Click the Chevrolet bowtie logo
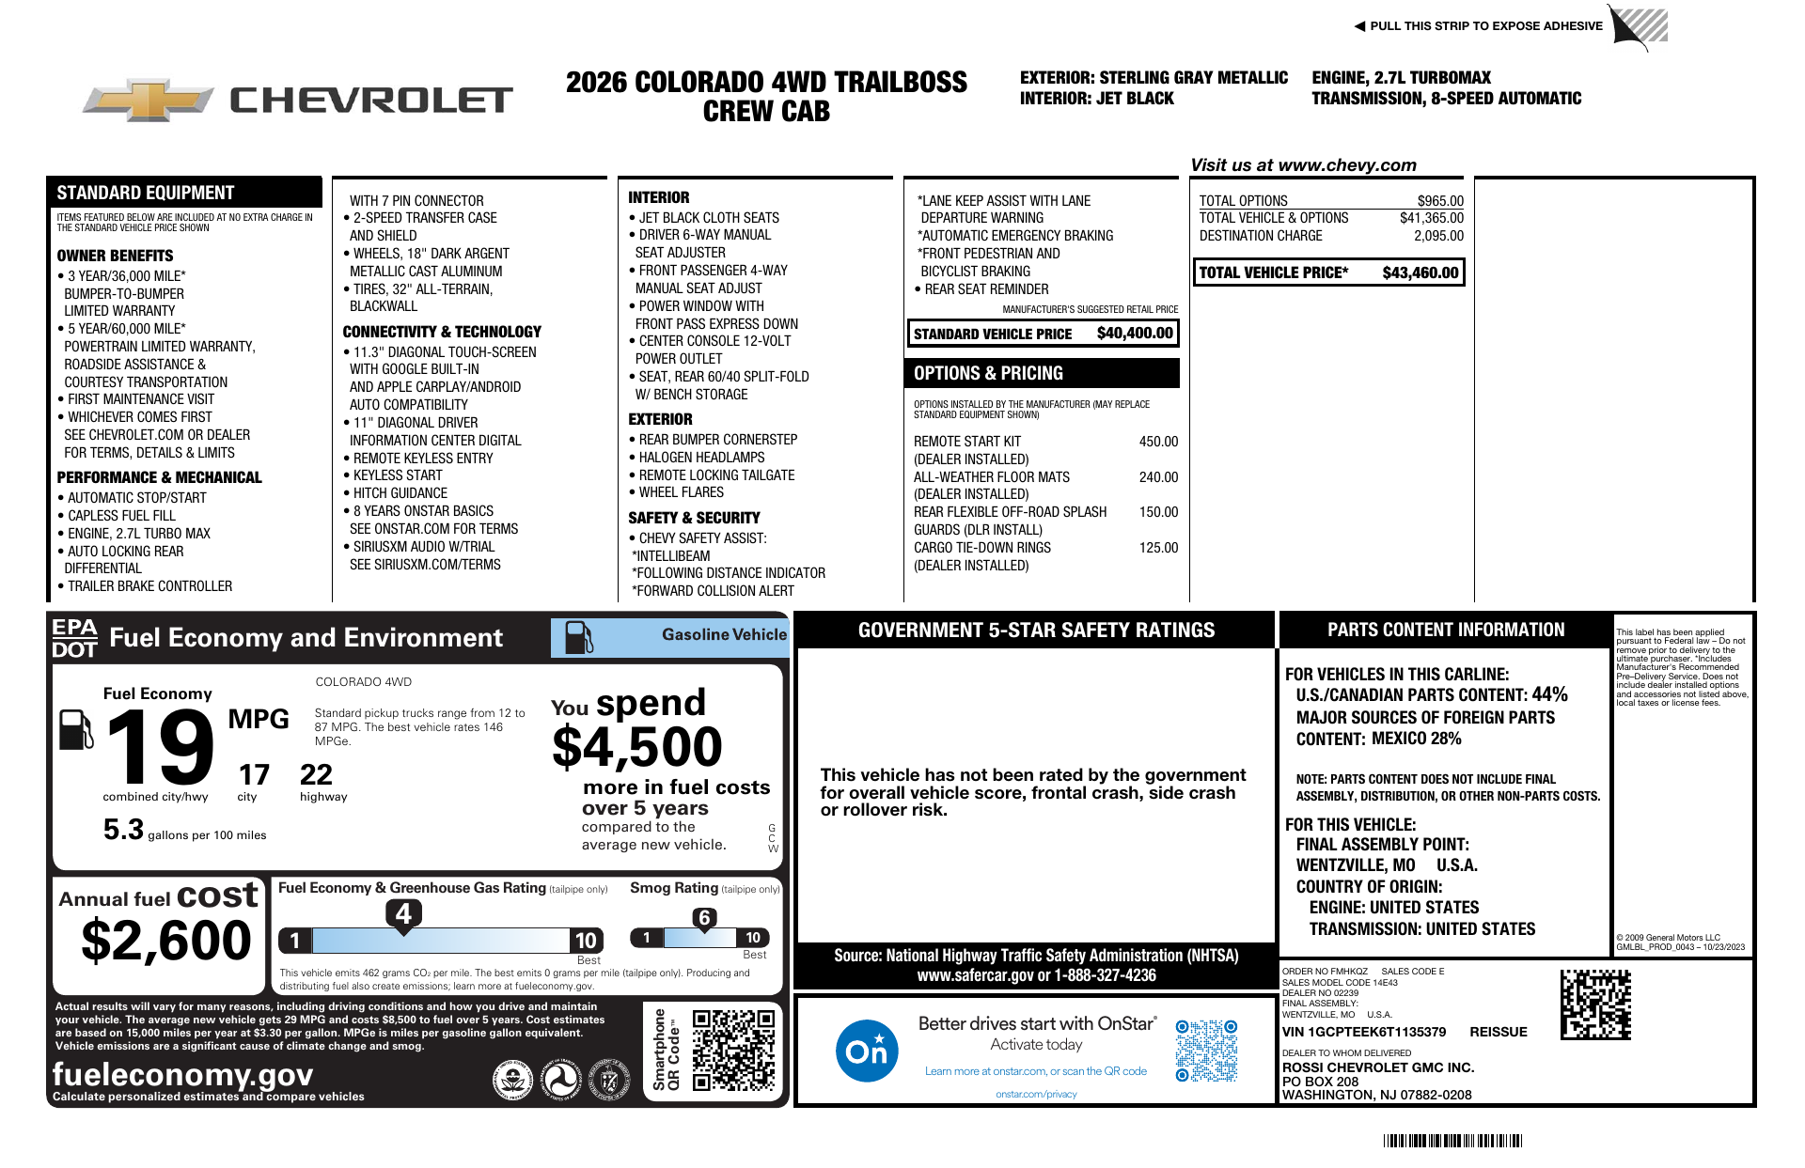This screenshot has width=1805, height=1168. point(148,100)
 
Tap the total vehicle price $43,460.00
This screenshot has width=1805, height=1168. point(1420,273)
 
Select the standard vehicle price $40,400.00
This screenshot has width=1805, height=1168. point(1135,334)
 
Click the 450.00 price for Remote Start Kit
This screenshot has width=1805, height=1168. point(1158,442)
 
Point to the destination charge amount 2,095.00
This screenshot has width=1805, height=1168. point(1438,236)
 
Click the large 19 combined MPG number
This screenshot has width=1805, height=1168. point(160,747)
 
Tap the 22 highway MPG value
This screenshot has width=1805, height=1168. point(316,775)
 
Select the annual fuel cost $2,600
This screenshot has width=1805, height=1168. point(166,941)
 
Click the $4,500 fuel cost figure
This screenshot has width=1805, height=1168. point(637,748)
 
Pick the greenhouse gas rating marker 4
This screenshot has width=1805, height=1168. point(403,913)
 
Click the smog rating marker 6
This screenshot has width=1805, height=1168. point(704,918)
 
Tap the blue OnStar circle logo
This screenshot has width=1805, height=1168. point(866,1050)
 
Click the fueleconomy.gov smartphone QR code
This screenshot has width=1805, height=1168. point(733,1050)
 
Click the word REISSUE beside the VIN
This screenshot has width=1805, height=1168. point(1499,1032)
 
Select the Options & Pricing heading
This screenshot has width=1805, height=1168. point(988,373)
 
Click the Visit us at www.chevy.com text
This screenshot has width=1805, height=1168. point(1303,165)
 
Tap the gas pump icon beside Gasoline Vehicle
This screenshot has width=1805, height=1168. point(578,637)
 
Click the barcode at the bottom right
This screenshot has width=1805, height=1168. point(1452,1141)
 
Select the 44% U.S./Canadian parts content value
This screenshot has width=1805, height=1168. point(1549,694)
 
